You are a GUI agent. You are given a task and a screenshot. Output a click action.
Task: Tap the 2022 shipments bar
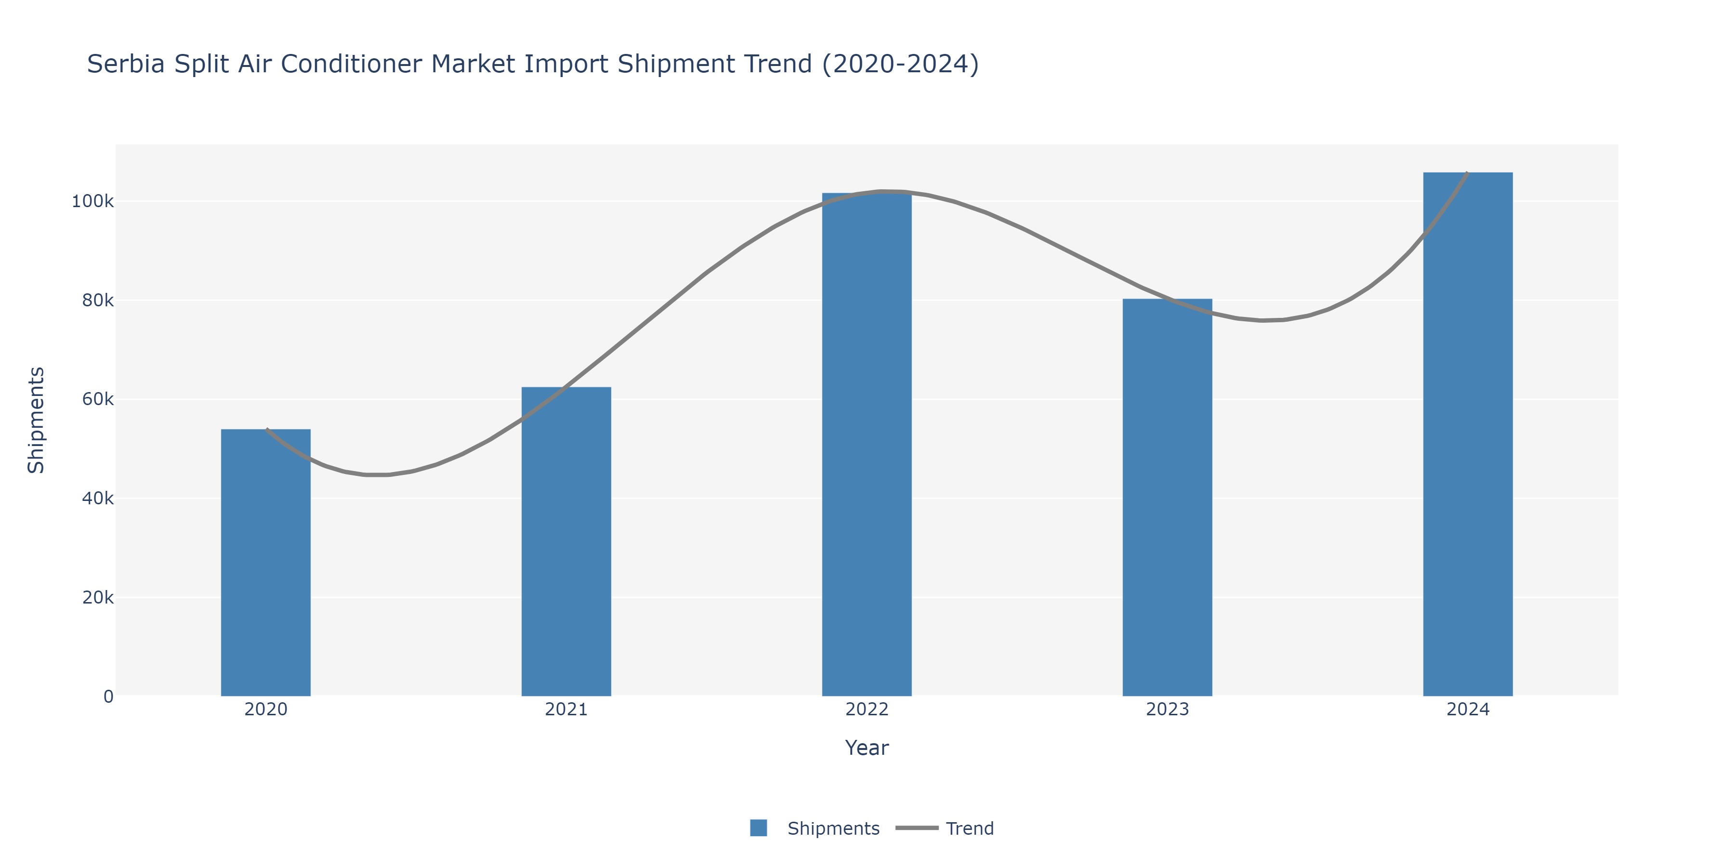click(x=867, y=444)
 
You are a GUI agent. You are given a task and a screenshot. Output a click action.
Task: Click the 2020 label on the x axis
click(x=266, y=709)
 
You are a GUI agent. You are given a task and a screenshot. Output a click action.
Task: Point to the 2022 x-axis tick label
click(x=867, y=709)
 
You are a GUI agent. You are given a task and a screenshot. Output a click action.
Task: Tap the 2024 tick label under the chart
click(x=1468, y=709)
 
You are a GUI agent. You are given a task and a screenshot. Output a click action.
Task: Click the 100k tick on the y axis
click(x=93, y=201)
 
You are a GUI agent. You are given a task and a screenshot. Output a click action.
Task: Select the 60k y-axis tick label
click(x=98, y=399)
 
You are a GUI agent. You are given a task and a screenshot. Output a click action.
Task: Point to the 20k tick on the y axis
click(x=98, y=598)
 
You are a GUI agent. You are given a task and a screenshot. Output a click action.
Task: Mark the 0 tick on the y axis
click(x=108, y=696)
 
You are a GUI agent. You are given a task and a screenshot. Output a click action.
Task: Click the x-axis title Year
click(x=867, y=748)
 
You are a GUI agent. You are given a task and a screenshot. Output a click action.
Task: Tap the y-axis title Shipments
click(x=36, y=420)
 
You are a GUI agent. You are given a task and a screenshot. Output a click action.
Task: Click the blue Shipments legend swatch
click(x=759, y=828)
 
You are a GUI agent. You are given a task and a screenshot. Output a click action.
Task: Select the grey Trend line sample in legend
click(x=917, y=828)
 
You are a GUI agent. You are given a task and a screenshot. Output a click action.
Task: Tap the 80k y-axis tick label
click(x=98, y=300)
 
